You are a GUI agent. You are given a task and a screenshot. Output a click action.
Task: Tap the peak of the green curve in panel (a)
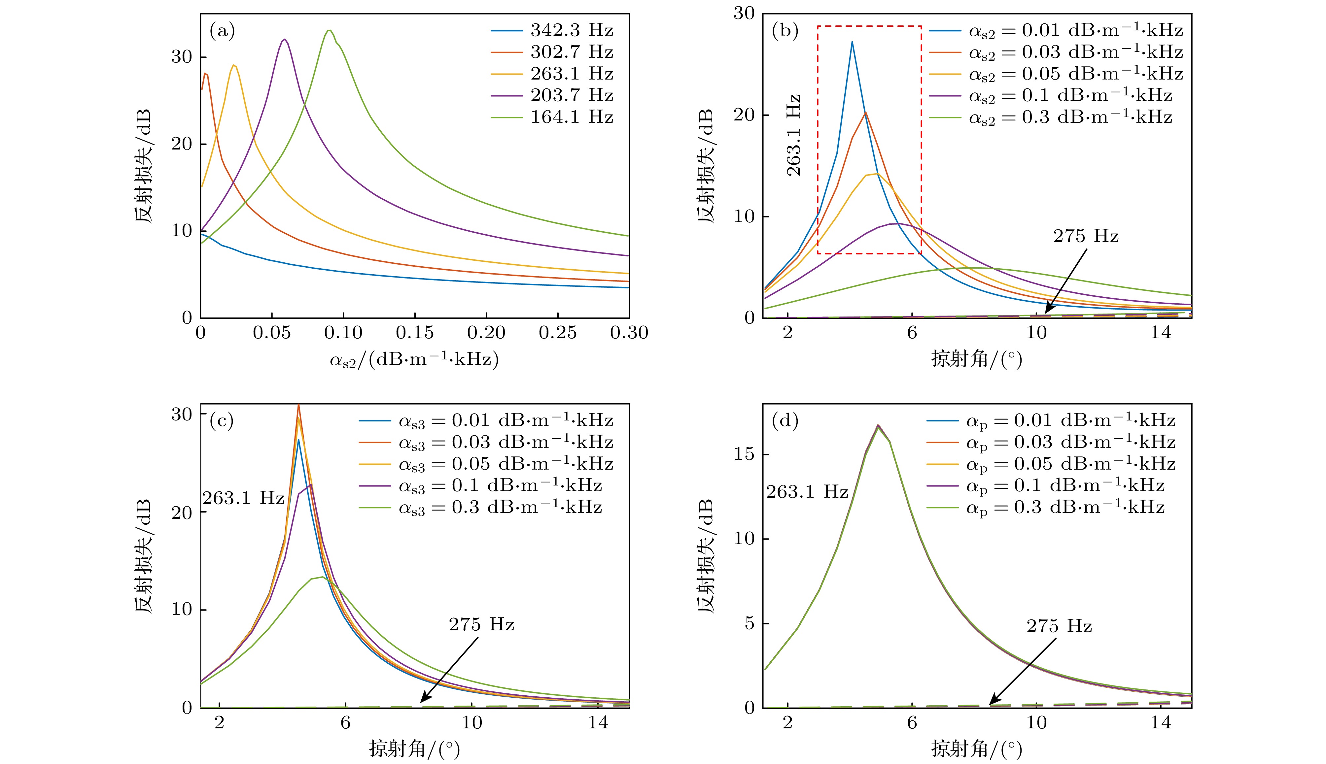[x=329, y=30]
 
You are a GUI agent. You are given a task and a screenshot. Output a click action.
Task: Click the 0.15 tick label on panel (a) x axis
[x=415, y=333]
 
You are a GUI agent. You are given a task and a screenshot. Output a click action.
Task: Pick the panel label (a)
[x=222, y=31]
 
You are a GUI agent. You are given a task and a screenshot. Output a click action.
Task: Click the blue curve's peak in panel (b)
[x=852, y=42]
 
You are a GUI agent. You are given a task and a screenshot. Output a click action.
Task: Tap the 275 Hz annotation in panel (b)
[x=1086, y=236]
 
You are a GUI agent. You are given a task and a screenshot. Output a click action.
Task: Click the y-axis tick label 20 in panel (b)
[x=744, y=115]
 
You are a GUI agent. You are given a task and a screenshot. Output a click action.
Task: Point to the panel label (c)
[x=222, y=421]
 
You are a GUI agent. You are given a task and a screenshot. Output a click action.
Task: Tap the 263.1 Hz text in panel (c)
[x=243, y=498]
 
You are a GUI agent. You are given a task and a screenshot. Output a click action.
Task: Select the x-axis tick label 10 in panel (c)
[x=471, y=722]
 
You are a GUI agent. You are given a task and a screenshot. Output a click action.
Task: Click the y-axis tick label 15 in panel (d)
[x=744, y=454]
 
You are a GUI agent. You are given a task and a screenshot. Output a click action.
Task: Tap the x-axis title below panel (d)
[x=976, y=749]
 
